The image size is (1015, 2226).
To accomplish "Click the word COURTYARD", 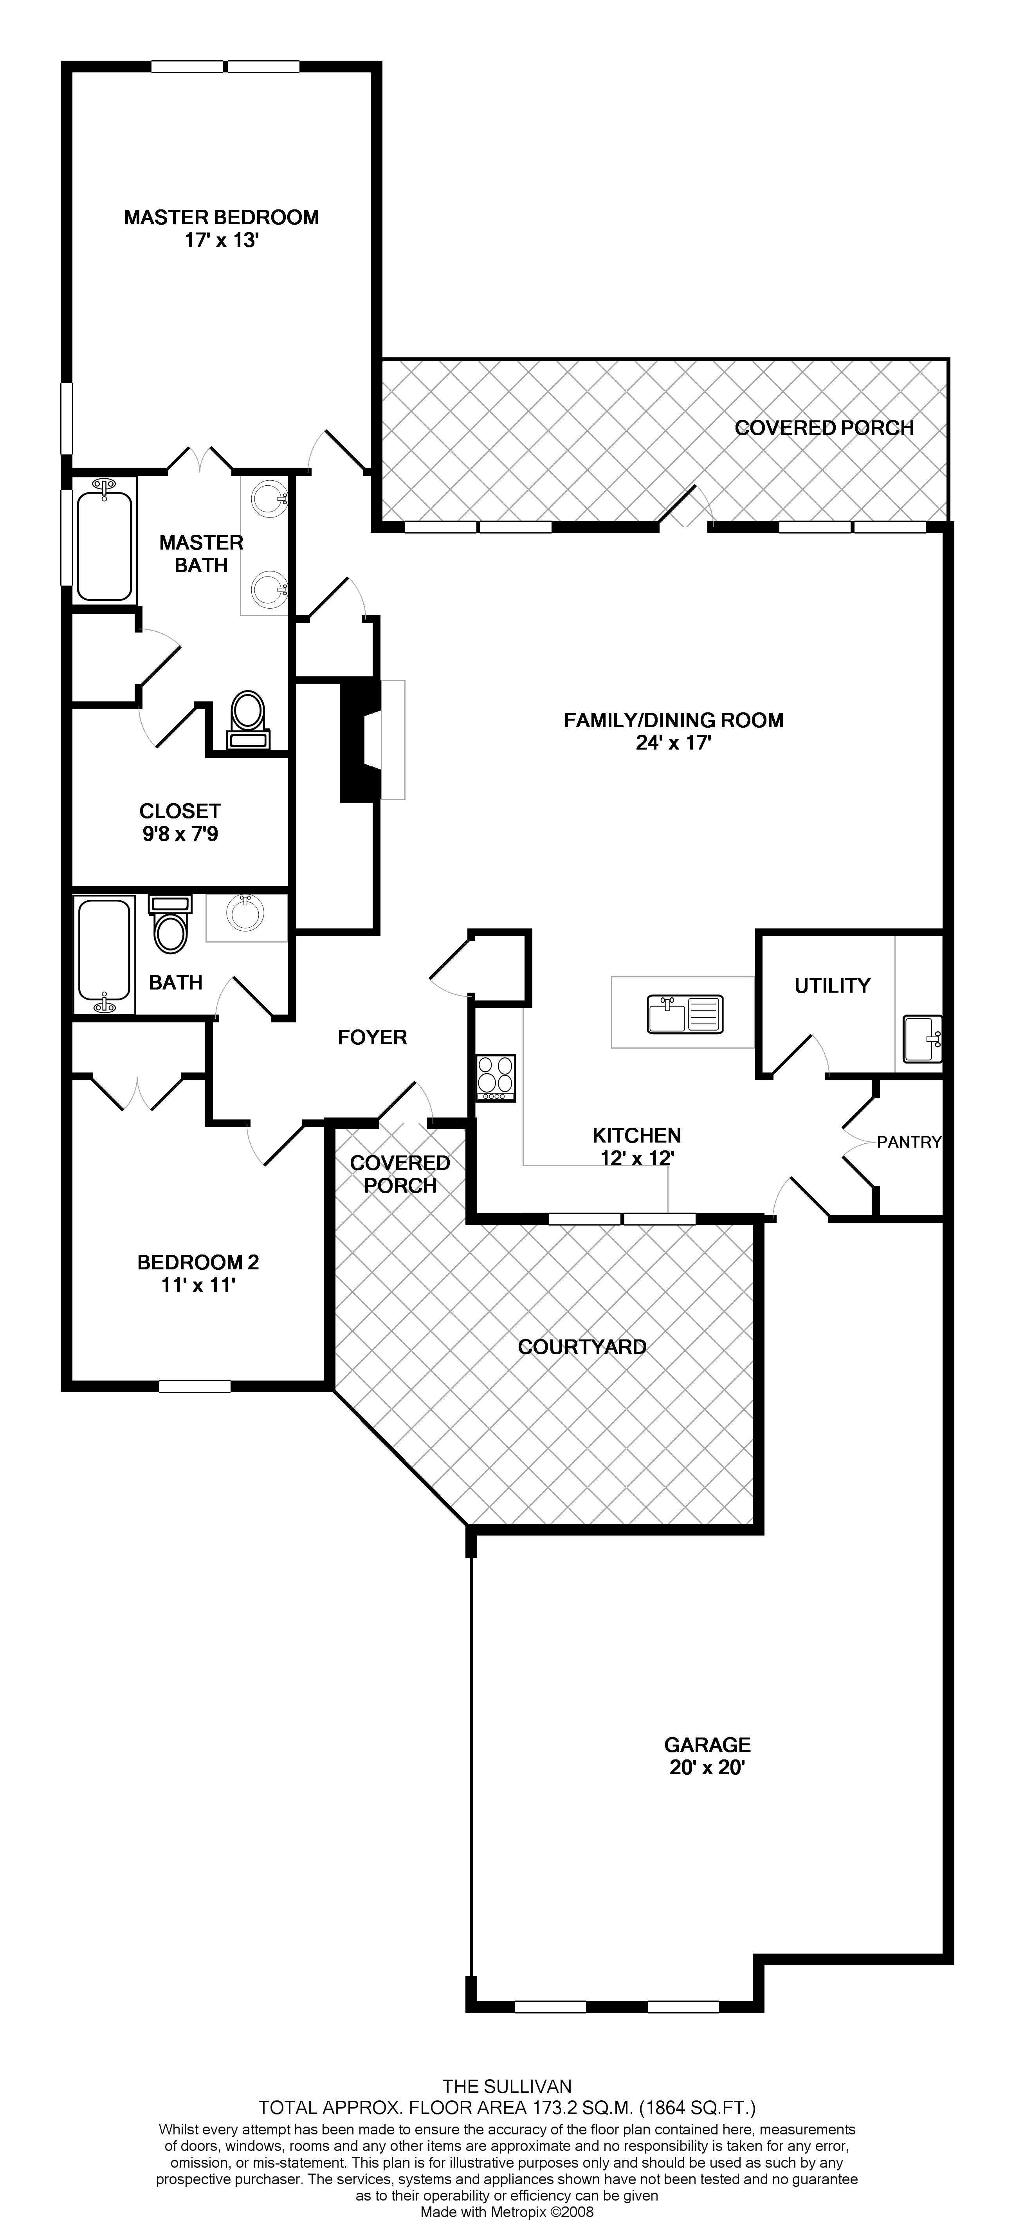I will [582, 1346].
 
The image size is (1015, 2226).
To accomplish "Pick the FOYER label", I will [372, 1037].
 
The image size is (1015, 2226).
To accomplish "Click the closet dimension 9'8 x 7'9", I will [180, 835].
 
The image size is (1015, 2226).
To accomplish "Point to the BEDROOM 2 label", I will [198, 1262].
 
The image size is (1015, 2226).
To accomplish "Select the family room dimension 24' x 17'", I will [673, 743].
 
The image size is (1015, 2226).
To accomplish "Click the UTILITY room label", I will [832, 985].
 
